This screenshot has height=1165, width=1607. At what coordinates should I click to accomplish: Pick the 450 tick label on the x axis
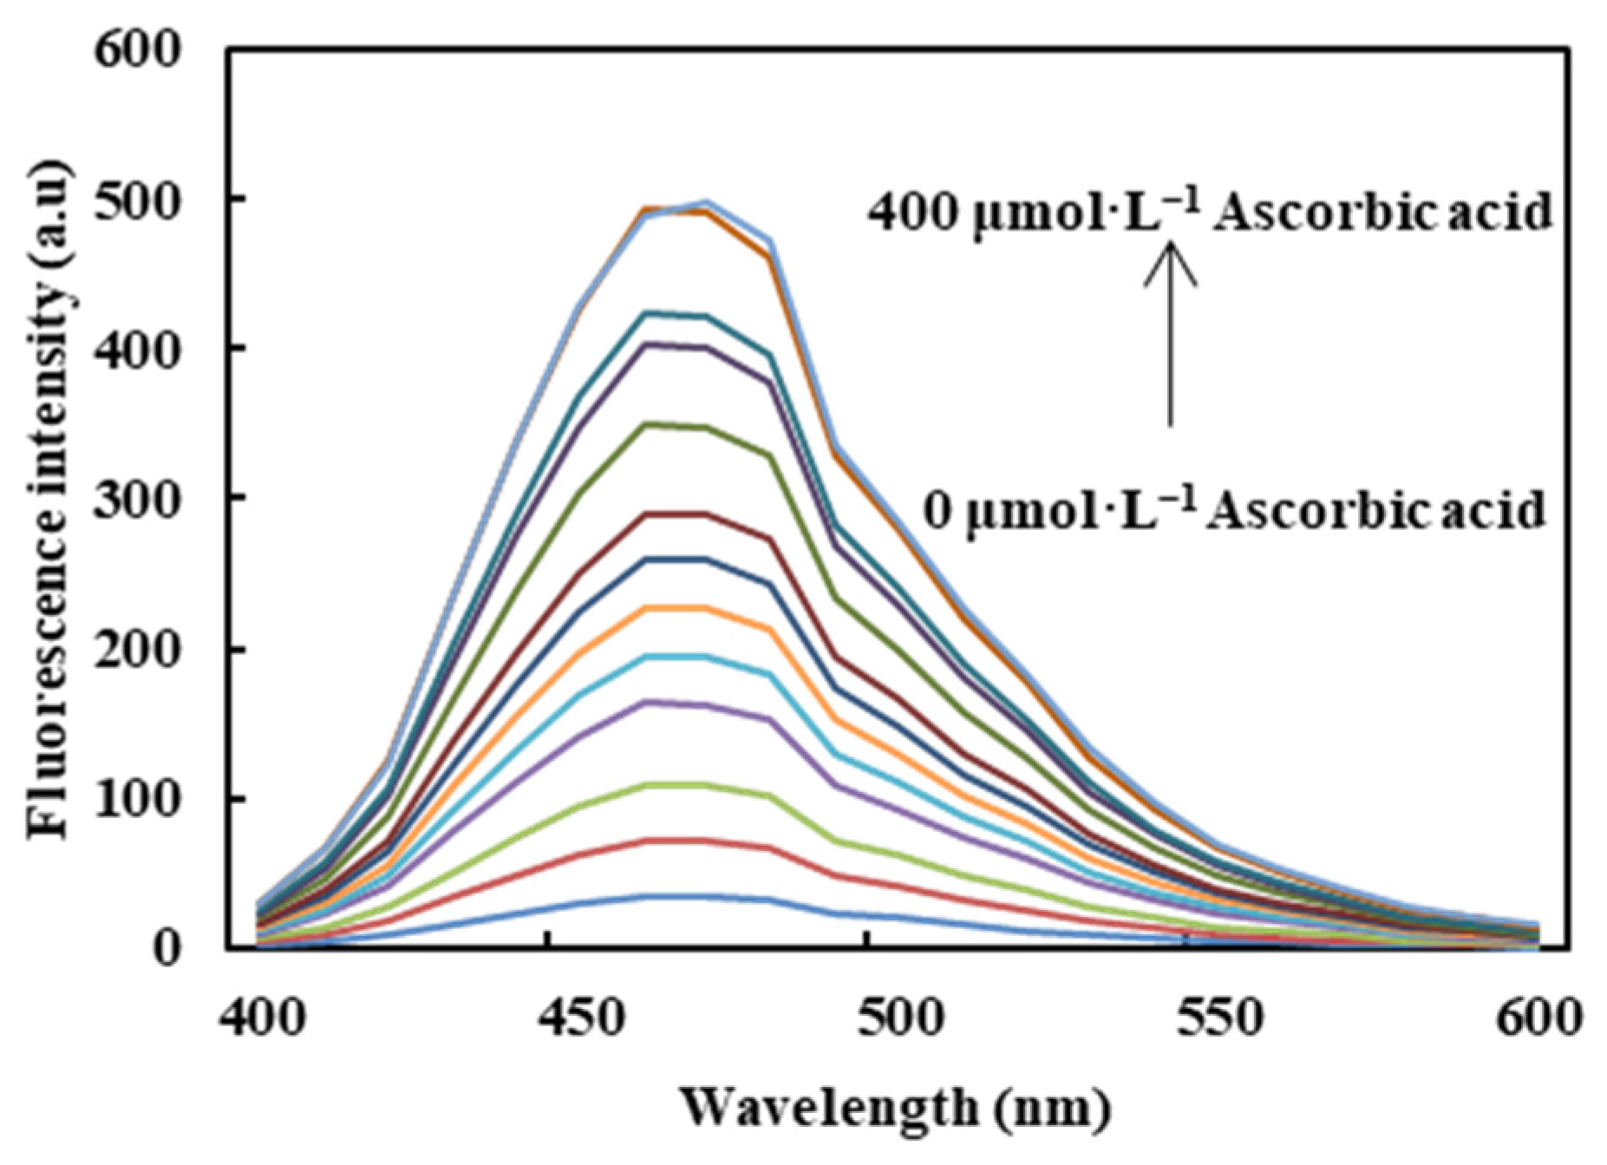[579, 1017]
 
